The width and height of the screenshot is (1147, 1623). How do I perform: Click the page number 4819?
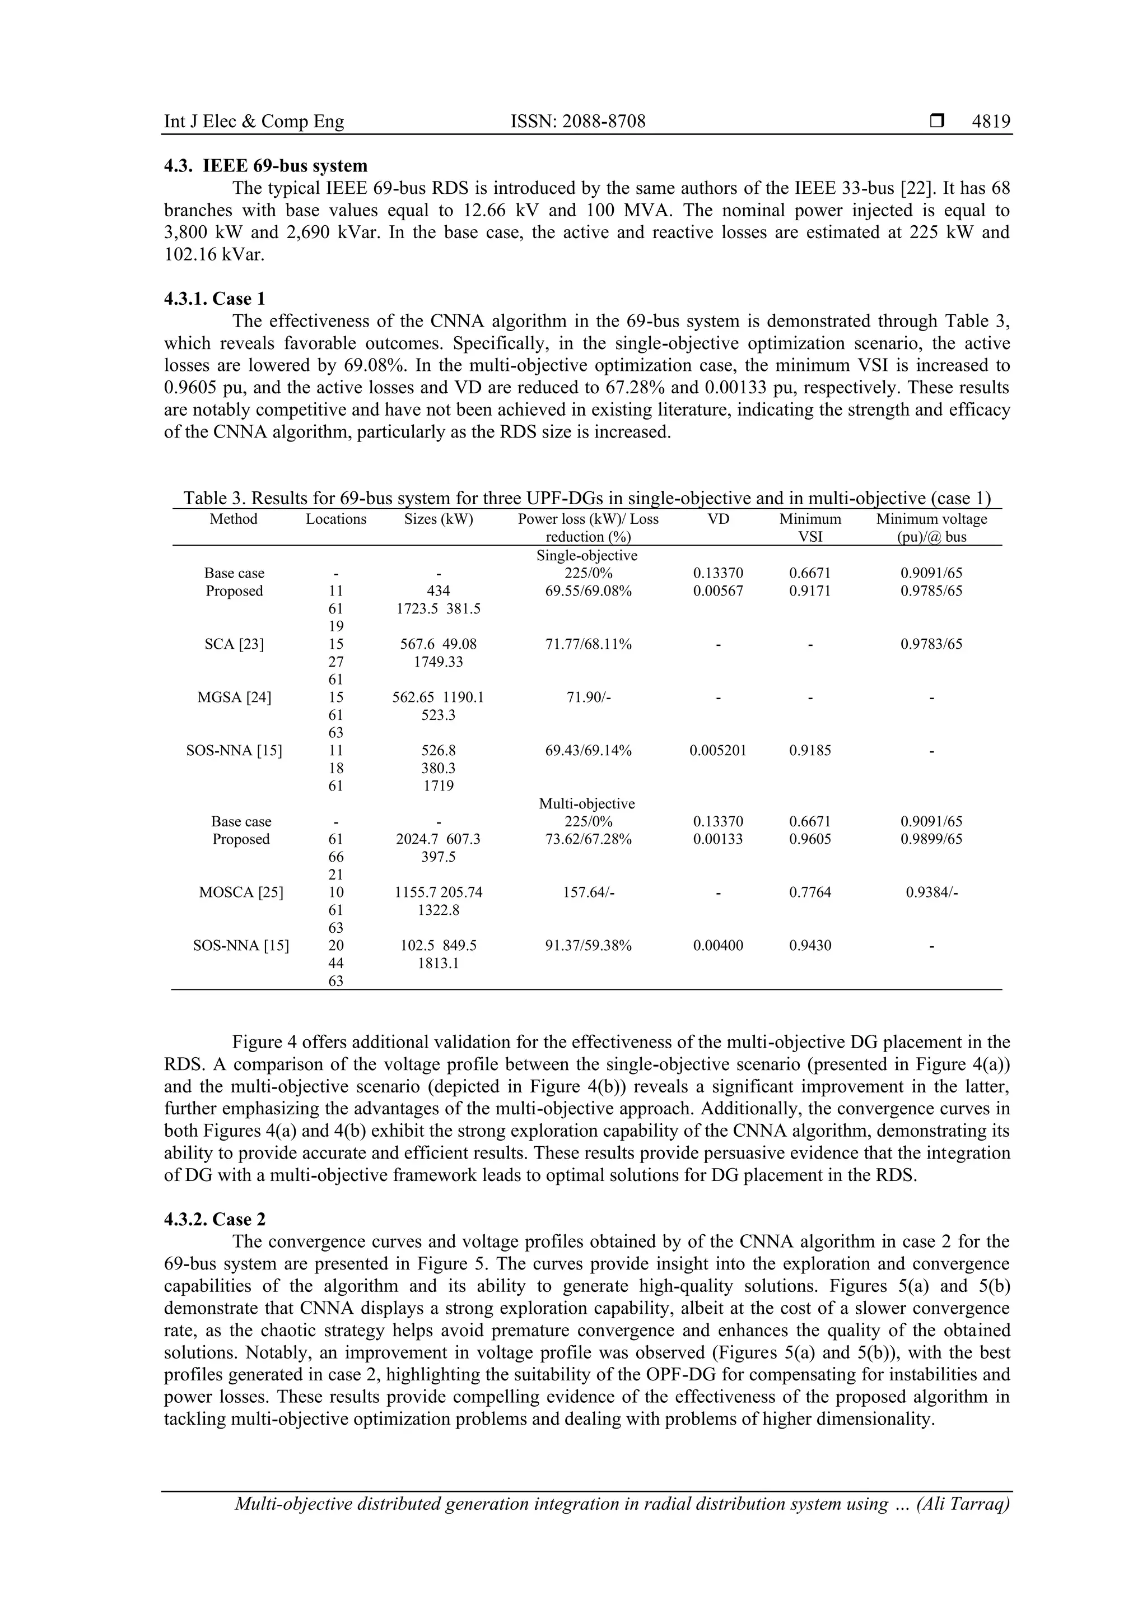coord(991,122)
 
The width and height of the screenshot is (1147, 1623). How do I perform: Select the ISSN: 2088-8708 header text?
coord(577,122)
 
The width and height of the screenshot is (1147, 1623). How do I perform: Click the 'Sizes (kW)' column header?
coord(438,519)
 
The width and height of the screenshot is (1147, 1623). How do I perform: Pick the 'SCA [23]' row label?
coord(234,644)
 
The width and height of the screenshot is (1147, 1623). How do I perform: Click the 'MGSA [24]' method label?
coord(234,697)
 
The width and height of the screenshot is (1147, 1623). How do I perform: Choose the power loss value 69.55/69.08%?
coord(588,591)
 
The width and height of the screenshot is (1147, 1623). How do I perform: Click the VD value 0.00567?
coord(718,591)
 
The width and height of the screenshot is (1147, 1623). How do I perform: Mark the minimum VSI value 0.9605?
coord(810,839)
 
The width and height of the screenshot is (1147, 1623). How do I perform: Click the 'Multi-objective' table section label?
coord(586,804)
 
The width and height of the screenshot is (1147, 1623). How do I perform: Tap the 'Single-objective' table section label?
coord(586,556)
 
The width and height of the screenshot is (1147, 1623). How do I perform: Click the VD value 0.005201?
coord(718,751)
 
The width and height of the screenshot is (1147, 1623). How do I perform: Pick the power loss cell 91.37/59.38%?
coord(588,945)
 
